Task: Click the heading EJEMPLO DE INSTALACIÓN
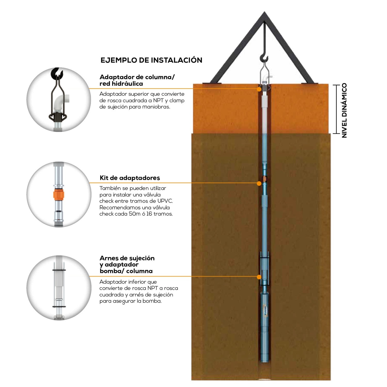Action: coord(151,60)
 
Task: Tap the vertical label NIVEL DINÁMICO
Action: coord(344,110)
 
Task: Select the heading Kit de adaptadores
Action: coord(130,178)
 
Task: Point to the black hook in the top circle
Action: coord(57,73)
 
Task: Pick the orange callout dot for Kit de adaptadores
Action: coord(259,183)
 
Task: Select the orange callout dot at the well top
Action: coord(259,89)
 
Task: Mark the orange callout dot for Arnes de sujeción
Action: coord(259,277)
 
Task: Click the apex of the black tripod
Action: coord(264,13)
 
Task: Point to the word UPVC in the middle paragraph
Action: coord(165,201)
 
